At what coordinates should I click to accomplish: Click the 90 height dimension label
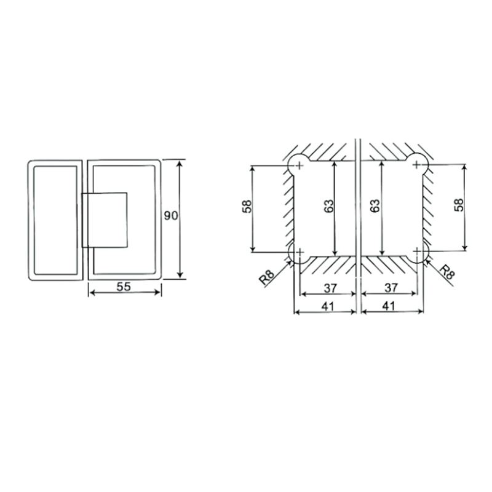point(171,216)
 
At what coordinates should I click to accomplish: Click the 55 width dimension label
point(124,287)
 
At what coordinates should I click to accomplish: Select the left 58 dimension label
point(247,207)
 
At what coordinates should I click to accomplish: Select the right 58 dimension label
point(458,205)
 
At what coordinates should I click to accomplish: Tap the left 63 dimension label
point(329,206)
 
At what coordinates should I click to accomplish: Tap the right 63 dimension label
point(375,206)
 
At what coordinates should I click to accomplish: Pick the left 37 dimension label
point(330,288)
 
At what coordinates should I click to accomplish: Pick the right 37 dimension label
point(391,288)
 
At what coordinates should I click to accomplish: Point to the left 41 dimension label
point(328,306)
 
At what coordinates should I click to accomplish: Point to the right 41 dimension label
point(389,306)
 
